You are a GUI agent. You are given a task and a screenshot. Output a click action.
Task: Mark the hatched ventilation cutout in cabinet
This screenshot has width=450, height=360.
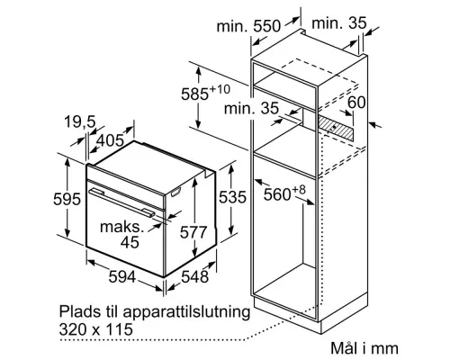click(340, 128)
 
